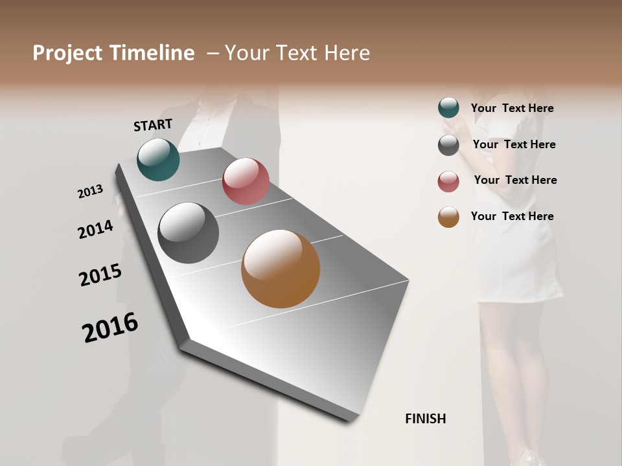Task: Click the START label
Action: coord(153,124)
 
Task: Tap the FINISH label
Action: coord(425,419)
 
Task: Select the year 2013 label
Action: coord(90,192)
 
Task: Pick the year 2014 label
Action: coord(95,229)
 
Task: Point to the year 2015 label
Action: coord(100,275)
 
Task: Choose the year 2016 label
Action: coord(110,327)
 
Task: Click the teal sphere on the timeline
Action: coord(158,160)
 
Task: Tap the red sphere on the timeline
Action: coord(246,181)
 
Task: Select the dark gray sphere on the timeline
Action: coord(188,233)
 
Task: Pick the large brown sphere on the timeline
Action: coord(281,269)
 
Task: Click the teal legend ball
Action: coord(448,108)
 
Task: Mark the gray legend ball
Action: coord(448,145)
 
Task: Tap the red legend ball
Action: coord(448,181)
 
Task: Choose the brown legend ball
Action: coord(448,217)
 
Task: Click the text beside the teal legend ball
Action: coord(512,108)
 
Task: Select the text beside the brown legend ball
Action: coord(512,216)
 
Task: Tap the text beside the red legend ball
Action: coord(515,180)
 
